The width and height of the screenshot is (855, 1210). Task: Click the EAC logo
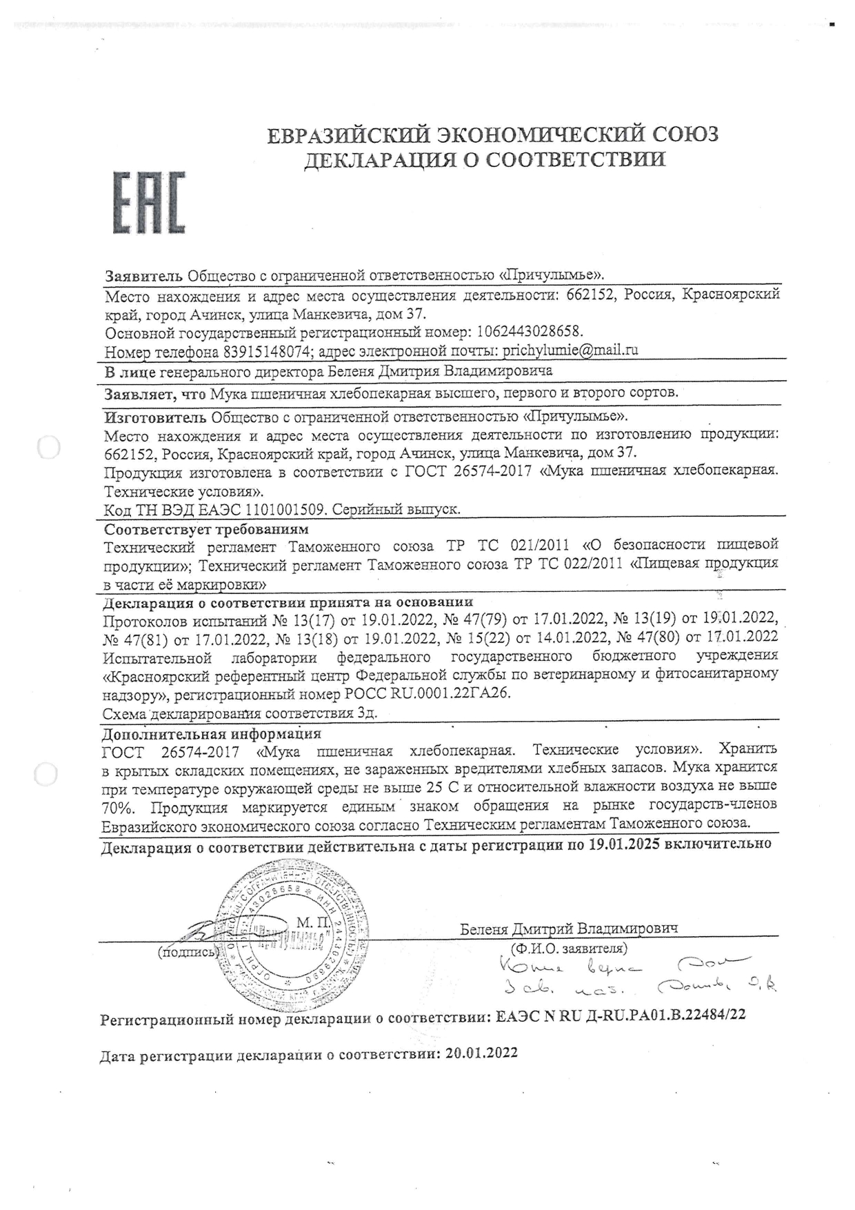click(x=149, y=201)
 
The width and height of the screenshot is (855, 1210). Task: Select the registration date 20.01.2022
click(x=482, y=1053)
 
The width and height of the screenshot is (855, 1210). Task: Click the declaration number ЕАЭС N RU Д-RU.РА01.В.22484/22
click(x=621, y=1015)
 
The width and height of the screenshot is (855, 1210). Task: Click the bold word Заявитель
click(x=144, y=276)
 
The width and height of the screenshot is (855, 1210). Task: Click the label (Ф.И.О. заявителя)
click(x=569, y=949)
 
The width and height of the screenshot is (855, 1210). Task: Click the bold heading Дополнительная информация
click(x=212, y=733)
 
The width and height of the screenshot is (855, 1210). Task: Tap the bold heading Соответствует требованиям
click(x=206, y=530)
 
